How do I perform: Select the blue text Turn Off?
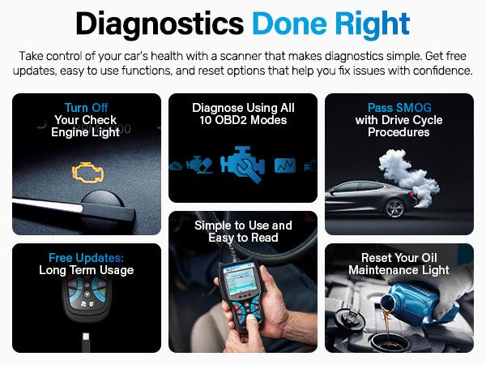(87, 107)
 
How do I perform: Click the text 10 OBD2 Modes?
(242, 120)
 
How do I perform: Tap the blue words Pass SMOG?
(399, 107)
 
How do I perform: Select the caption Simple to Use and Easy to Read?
(242, 231)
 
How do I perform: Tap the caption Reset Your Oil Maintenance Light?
(399, 264)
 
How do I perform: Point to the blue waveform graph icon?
(283, 165)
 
